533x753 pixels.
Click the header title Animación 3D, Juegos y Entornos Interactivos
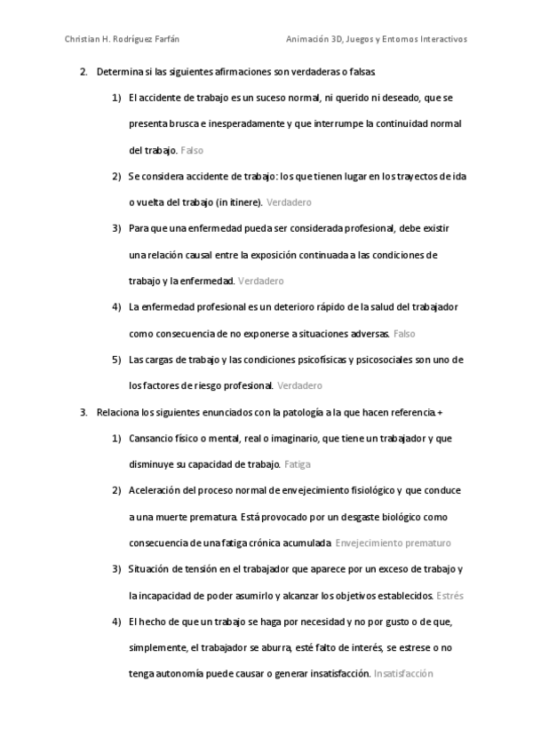click(377, 39)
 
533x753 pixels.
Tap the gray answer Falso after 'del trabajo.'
click(192, 151)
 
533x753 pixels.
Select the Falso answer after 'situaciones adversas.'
click(404, 334)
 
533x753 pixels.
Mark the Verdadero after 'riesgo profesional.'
click(299, 386)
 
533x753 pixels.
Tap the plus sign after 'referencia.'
click(441, 412)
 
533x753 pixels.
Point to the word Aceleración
click(157, 490)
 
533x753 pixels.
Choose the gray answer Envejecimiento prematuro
click(394, 543)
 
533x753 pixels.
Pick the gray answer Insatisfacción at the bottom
click(403, 674)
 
